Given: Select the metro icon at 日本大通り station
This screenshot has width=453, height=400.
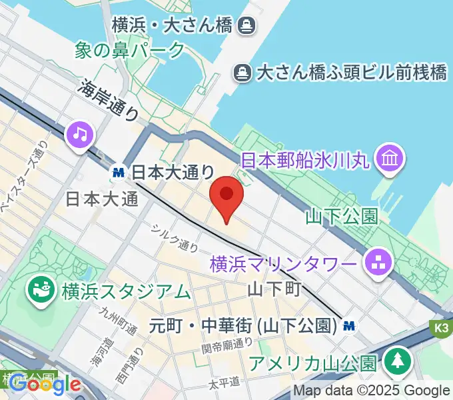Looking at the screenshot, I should point(119,172).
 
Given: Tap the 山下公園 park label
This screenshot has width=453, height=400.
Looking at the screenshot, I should point(341,216).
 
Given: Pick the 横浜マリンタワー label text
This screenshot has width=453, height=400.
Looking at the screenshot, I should point(283,264).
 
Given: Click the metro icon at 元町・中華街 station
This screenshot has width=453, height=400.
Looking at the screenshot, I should point(348,326).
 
